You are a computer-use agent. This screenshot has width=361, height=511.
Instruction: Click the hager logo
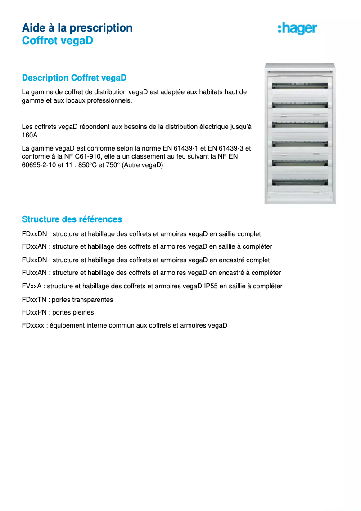pyautogui.click(x=298, y=28)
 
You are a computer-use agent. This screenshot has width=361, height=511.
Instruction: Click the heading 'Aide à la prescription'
pyautogui.click(x=77, y=28)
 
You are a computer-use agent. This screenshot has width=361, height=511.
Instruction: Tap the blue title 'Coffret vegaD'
pyautogui.click(x=57, y=41)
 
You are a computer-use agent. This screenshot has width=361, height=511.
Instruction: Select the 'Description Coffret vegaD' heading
pyautogui.click(x=74, y=78)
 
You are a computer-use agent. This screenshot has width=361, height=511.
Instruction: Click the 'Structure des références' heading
pyautogui.click(x=72, y=219)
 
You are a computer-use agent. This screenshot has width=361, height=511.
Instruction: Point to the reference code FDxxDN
pyautogui.click(x=35, y=234)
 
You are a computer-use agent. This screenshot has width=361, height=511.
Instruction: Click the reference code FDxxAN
pyautogui.click(x=35, y=247)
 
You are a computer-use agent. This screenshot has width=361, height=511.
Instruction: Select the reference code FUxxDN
pyautogui.click(x=35, y=260)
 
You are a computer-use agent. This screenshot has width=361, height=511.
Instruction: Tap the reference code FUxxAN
pyautogui.click(x=35, y=273)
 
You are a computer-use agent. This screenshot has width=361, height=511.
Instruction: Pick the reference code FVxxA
pyautogui.click(x=32, y=287)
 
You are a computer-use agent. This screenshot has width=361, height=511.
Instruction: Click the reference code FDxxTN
pyautogui.click(x=35, y=300)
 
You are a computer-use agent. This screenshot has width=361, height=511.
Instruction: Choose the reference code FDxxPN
pyautogui.click(x=35, y=312)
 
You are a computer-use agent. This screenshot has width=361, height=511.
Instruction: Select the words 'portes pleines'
pyautogui.click(x=73, y=312)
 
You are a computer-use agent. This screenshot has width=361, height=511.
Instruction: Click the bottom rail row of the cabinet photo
pyautogui.click(x=299, y=183)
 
